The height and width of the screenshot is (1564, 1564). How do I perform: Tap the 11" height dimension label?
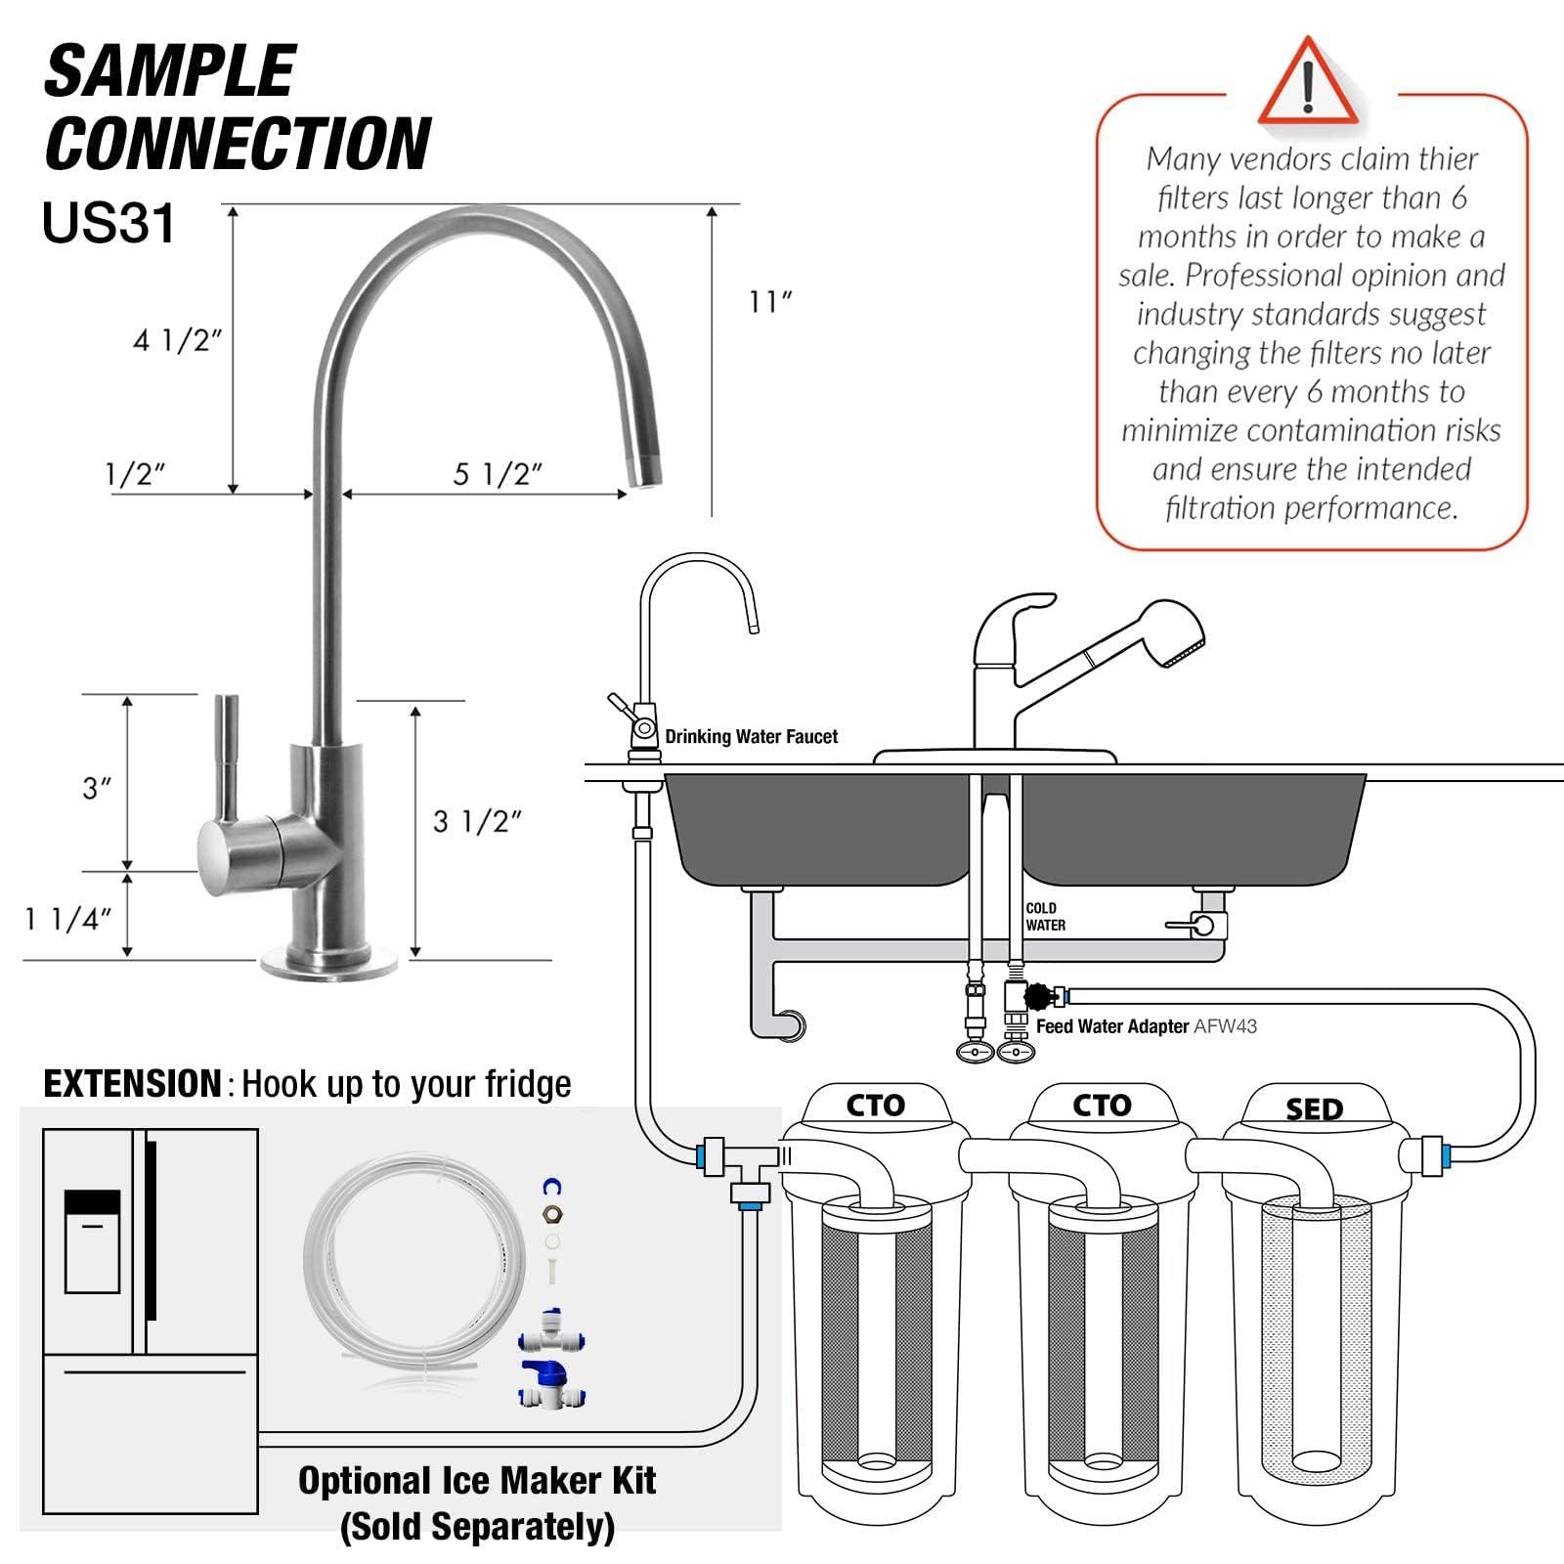[x=770, y=302]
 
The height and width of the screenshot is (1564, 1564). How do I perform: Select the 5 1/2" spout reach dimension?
[x=498, y=475]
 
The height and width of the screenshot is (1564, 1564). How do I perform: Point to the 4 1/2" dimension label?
[x=178, y=341]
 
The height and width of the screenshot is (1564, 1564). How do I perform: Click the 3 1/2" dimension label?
[x=477, y=822]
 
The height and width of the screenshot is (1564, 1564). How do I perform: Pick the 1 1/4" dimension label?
[x=68, y=920]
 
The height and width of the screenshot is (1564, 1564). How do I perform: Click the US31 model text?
[x=109, y=223]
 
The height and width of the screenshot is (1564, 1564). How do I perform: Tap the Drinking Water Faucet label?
[x=751, y=737]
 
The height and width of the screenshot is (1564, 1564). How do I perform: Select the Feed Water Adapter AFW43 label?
[x=1146, y=1026]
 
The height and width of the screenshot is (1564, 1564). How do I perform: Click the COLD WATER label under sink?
[x=1045, y=917]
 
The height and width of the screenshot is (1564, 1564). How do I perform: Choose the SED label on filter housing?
[x=1314, y=1109]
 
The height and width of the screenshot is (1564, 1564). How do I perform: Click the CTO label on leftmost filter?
[x=875, y=1106]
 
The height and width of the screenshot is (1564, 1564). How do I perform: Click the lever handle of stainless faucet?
[x=227, y=762]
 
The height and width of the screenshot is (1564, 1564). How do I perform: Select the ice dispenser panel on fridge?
[x=93, y=1240]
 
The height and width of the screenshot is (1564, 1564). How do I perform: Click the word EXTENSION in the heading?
[x=133, y=1084]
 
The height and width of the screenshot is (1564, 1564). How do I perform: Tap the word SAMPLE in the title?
[x=170, y=71]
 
